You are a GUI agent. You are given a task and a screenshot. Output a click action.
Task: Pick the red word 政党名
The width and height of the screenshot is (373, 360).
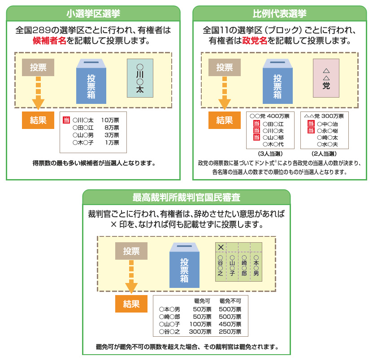pos(255,41)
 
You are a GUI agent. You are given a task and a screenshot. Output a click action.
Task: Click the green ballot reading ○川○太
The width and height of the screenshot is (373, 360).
pos(140,78)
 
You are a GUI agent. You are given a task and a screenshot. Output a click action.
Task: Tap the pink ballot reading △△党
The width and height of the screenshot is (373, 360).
pos(326,78)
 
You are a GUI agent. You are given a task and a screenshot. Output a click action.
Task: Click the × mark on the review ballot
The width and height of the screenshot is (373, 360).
pos(221,247)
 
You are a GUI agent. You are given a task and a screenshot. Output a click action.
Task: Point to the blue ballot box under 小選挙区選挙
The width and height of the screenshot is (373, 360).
pos(91,81)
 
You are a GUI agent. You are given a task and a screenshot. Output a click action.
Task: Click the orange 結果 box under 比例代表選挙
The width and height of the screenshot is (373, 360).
pos(225,120)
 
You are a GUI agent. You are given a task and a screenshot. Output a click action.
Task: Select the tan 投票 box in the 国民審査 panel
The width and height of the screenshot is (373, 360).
pos(131,251)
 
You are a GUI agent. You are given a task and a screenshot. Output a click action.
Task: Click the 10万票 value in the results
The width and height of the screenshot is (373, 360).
pos(110,120)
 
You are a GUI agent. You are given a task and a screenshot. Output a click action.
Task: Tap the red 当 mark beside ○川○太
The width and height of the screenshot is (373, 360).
pos(66,120)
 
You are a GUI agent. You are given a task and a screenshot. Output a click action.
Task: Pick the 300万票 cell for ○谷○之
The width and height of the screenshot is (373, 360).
pos(200,332)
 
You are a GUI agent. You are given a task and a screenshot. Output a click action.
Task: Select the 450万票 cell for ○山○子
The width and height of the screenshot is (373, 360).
pos(230,324)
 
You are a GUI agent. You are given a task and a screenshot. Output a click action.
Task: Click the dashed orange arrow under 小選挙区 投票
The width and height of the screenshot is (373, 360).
pos(39,94)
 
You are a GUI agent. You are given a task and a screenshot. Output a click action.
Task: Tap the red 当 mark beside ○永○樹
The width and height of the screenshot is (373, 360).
pos(311,130)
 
